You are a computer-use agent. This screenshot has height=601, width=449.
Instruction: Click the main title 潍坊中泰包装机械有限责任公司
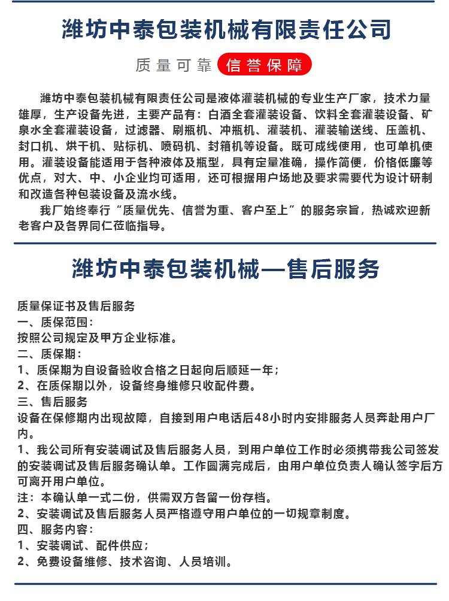tap(226, 29)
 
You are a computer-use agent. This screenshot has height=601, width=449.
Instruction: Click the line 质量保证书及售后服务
tap(76, 305)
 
